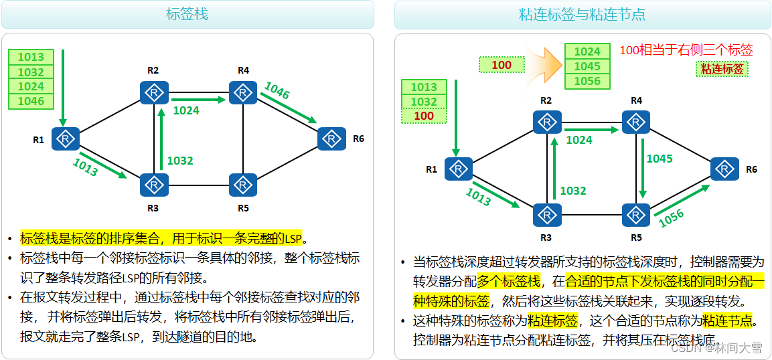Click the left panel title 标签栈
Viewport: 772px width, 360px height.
(187, 14)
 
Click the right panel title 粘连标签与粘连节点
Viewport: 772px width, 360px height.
(582, 14)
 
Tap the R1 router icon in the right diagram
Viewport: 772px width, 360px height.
(458, 169)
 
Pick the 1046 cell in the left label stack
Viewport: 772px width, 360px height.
(31, 101)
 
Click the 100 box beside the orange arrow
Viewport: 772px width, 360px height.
(501, 65)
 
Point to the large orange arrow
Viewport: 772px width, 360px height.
(542, 64)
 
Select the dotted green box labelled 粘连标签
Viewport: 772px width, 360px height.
(722, 68)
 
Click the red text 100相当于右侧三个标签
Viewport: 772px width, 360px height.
(686, 50)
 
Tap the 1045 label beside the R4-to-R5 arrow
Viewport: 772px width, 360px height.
(660, 159)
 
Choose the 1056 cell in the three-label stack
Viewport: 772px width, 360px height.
(587, 81)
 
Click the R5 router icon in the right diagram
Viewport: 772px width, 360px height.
(635, 215)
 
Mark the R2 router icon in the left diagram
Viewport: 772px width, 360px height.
(154, 92)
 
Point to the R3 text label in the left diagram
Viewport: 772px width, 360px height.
(153, 208)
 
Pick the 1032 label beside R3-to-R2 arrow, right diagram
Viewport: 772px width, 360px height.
(572, 191)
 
